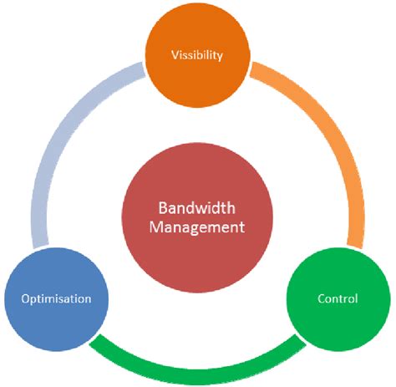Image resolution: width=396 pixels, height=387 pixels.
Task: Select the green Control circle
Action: click(x=338, y=298)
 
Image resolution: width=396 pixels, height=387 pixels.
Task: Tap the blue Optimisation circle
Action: click(x=57, y=298)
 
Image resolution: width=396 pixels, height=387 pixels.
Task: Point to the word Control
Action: click(x=338, y=298)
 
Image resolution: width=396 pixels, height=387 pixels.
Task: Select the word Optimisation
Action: click(x=57, y=298)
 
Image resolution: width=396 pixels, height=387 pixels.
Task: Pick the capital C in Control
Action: click(x=322, y=298)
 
